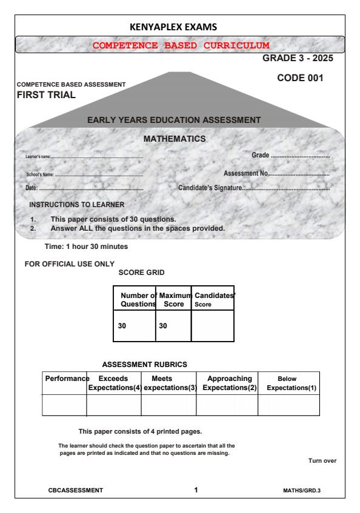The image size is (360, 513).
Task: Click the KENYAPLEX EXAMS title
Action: point(180,27)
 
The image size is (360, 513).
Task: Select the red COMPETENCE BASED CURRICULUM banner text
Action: point(180,45)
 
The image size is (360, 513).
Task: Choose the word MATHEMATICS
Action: point(175,139)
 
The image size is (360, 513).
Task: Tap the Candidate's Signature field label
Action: point(210,187)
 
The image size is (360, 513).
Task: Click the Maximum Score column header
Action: point(173,299)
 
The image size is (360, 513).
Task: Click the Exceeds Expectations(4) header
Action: point(114,383)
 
